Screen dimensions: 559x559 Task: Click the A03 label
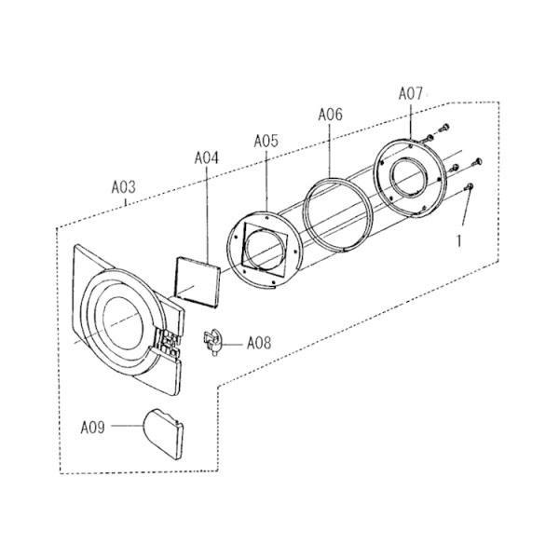click(124, 187)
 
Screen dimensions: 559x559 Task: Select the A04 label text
click(207, 158)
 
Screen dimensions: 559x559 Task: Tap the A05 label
click(266, 142)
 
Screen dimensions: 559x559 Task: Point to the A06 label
click(330, 115)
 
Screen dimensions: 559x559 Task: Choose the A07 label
click(410, 94)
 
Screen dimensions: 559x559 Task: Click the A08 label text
click(259, 344)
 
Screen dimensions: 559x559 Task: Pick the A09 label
click(92, 427)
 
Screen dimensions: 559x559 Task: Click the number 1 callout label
click(459, 241)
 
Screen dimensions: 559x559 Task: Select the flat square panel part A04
click(198, 281)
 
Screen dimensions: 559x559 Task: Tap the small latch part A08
click(213, 343)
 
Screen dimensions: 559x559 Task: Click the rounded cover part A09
click(163, 433)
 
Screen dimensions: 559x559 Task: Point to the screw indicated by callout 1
click(470, 186)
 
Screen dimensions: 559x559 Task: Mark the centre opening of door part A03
click(123, 323)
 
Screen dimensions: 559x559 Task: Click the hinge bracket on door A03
click(169, 342)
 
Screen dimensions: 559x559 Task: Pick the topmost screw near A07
click(443, 128)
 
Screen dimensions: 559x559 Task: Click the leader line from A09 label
click(128, 426)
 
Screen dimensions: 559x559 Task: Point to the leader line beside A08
click(234, 345)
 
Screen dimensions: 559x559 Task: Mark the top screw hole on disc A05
click(267, 216)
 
